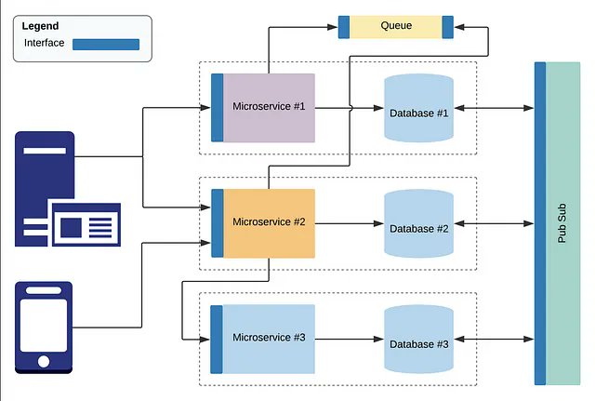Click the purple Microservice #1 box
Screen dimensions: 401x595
point(269,107)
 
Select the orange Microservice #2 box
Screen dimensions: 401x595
point(269,223)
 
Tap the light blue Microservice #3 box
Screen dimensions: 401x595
point(269,337)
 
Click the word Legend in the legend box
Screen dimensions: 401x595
point(40,26)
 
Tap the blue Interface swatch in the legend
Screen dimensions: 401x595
point(105,44)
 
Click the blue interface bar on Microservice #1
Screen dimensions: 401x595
point(217,107)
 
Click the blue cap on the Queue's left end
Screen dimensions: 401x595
point(344,26)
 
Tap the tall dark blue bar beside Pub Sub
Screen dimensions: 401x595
point(540,223)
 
